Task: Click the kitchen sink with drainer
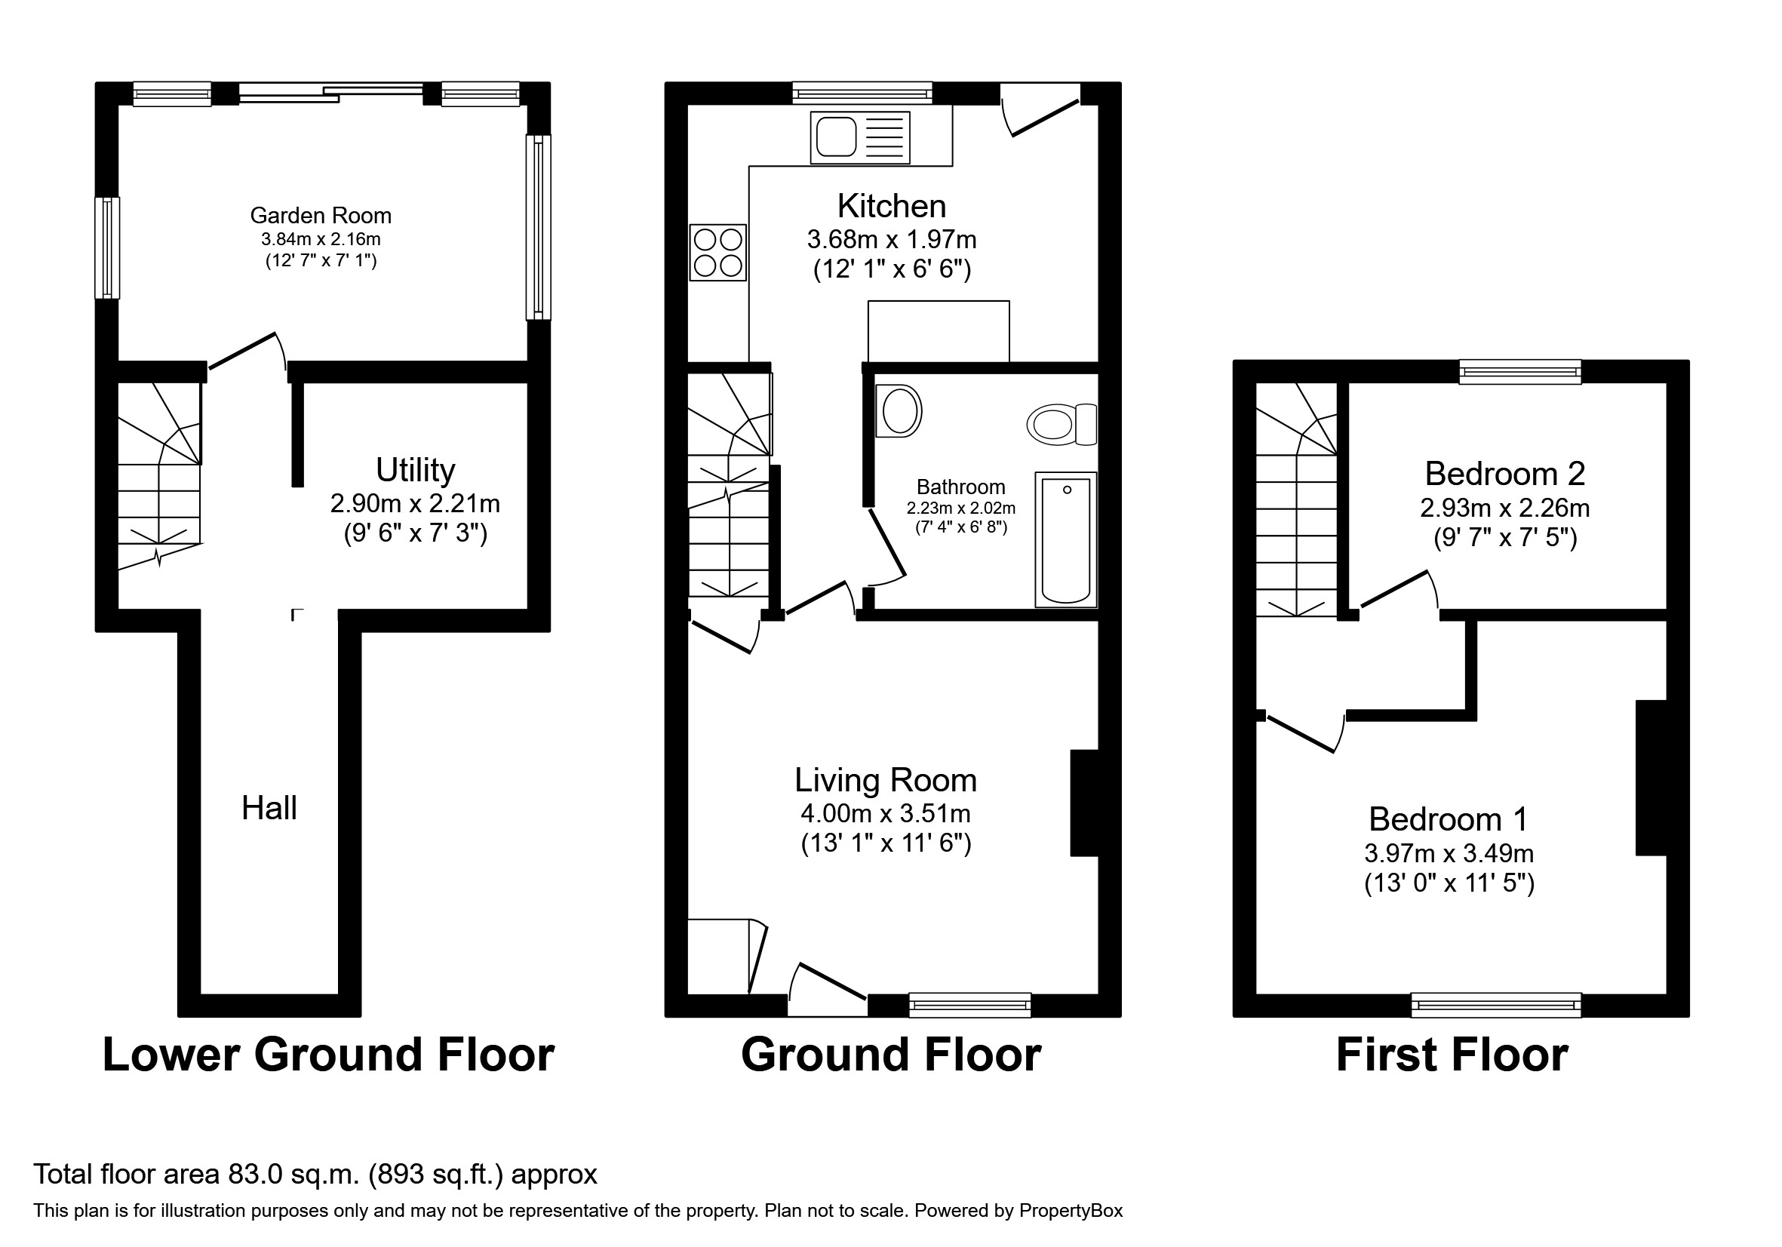[860, 138]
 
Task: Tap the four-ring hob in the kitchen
[718, 252]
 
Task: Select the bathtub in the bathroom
[1065, 539]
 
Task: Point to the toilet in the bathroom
[1061, 425]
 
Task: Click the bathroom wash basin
[899, 410]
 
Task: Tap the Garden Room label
[321, 216]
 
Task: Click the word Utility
[415, 470]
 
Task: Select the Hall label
[269, 809]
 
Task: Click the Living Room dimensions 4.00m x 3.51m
[886, 814]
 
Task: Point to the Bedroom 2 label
[1505, 473]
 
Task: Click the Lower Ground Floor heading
[328, 1055]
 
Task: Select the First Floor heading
[1452, 1055]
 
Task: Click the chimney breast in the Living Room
[1084, 803]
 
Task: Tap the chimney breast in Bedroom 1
[1651, 778]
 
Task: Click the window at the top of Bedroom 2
[1519, 372]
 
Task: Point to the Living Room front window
[969, 1005]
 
